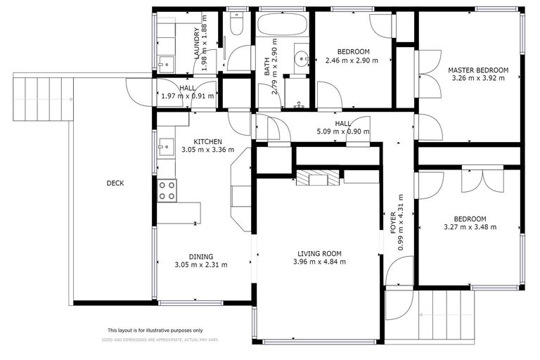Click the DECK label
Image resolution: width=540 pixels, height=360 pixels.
(115, 184)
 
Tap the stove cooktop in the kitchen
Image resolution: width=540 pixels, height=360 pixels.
(167, 191)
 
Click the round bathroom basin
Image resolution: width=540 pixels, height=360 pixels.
(300, 58)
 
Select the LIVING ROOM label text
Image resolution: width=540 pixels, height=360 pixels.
(319, 253)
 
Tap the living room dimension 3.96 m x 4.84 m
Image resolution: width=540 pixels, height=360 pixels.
(319, 262)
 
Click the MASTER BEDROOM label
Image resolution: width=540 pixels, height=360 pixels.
(478, 70)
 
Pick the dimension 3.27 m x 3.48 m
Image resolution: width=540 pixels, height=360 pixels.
(470, 227)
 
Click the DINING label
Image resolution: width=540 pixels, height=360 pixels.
(200, 257)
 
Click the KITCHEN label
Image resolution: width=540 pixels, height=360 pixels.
(208, 141)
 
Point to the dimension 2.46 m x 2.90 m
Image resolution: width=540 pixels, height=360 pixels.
(352, 60)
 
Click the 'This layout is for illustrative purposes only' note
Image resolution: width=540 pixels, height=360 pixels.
(155, 330)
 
